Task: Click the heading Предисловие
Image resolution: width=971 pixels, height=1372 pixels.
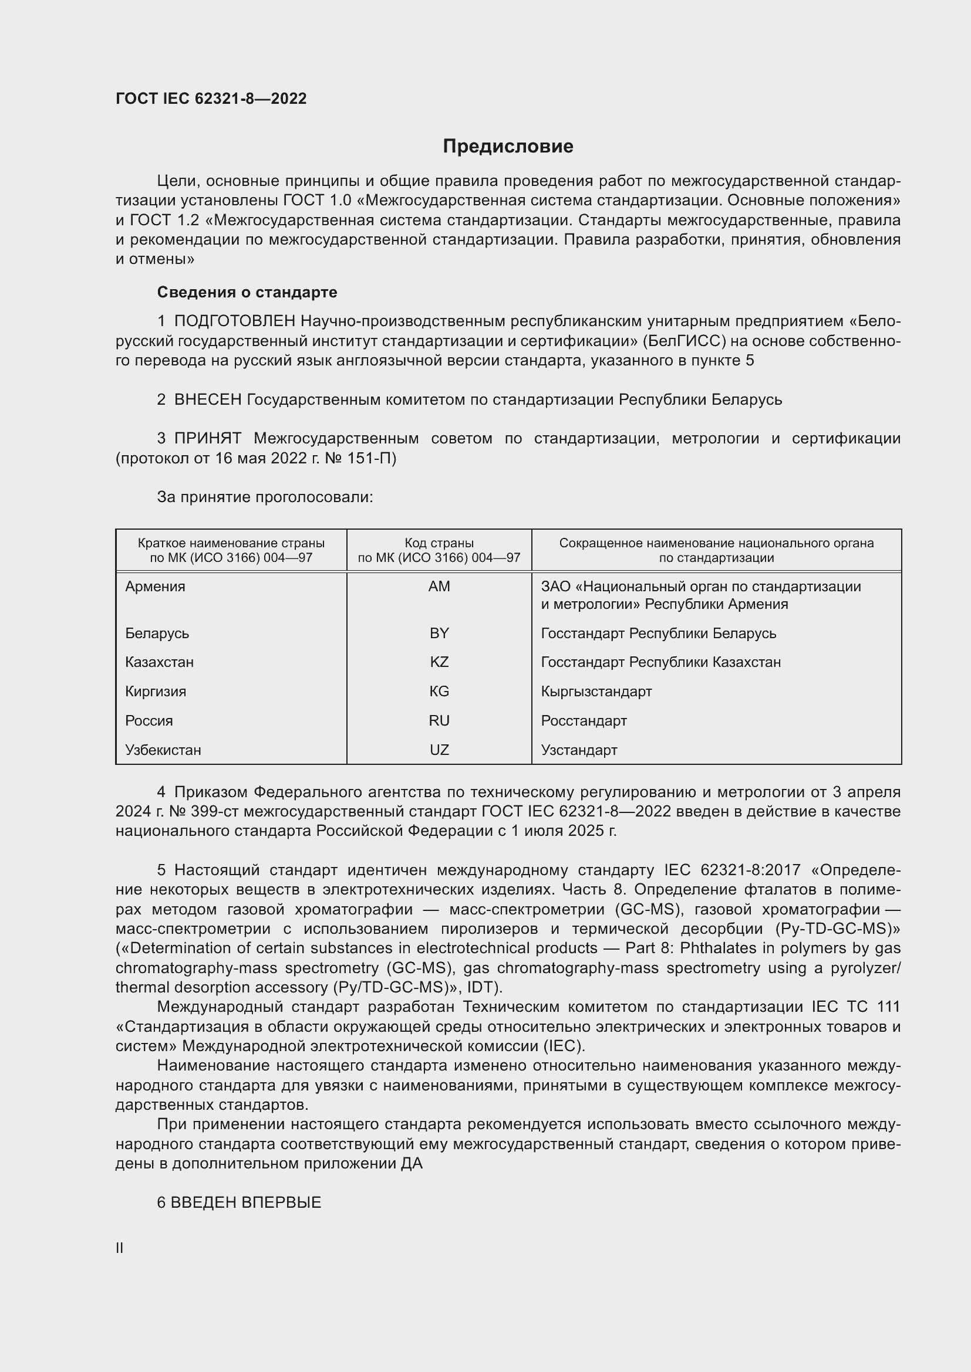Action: click(x=508, y=147)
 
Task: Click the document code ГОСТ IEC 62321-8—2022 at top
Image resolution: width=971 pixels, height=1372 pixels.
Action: click(x=211, y=99)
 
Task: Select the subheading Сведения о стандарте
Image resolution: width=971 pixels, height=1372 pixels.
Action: click(x=247, y=292)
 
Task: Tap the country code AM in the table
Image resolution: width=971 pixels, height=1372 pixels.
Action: click(x=439, y=587)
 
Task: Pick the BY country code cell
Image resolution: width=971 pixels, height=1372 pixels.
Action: click(x=439, y=634)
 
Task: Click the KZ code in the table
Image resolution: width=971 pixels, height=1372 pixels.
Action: click(x=439, y=663)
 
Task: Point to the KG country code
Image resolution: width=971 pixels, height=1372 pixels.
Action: click(x=439, y=692)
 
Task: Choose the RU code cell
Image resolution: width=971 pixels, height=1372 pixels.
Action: click(x=439, y=721)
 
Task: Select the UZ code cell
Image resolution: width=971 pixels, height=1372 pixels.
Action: click(x=439, y=751)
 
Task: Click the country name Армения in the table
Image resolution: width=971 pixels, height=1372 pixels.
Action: click(x=156, y=587)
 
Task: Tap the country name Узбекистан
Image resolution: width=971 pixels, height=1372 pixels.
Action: click(x=163, y=751)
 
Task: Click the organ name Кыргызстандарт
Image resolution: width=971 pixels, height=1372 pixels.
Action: click(x=596, y=692)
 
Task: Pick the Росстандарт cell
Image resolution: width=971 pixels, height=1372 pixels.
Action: click(x=584, y=721)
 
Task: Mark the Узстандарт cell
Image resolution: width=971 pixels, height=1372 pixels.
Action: click(x=579, y=751)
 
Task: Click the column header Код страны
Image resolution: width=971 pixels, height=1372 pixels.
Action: click(x=439, y=543)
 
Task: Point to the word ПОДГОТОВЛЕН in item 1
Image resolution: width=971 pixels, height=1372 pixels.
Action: click(x=235, y=321)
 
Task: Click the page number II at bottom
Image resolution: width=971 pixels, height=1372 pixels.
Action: click(x=120, y=1248)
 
